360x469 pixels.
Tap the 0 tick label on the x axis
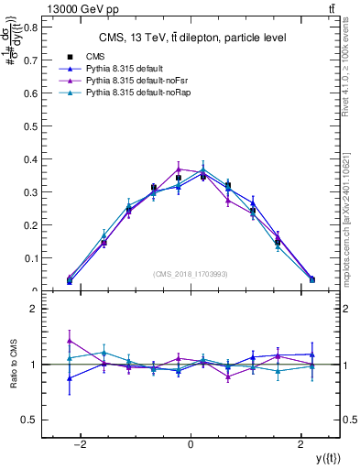(x=191, y=443)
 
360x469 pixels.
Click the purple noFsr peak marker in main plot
(x=179, y=169)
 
